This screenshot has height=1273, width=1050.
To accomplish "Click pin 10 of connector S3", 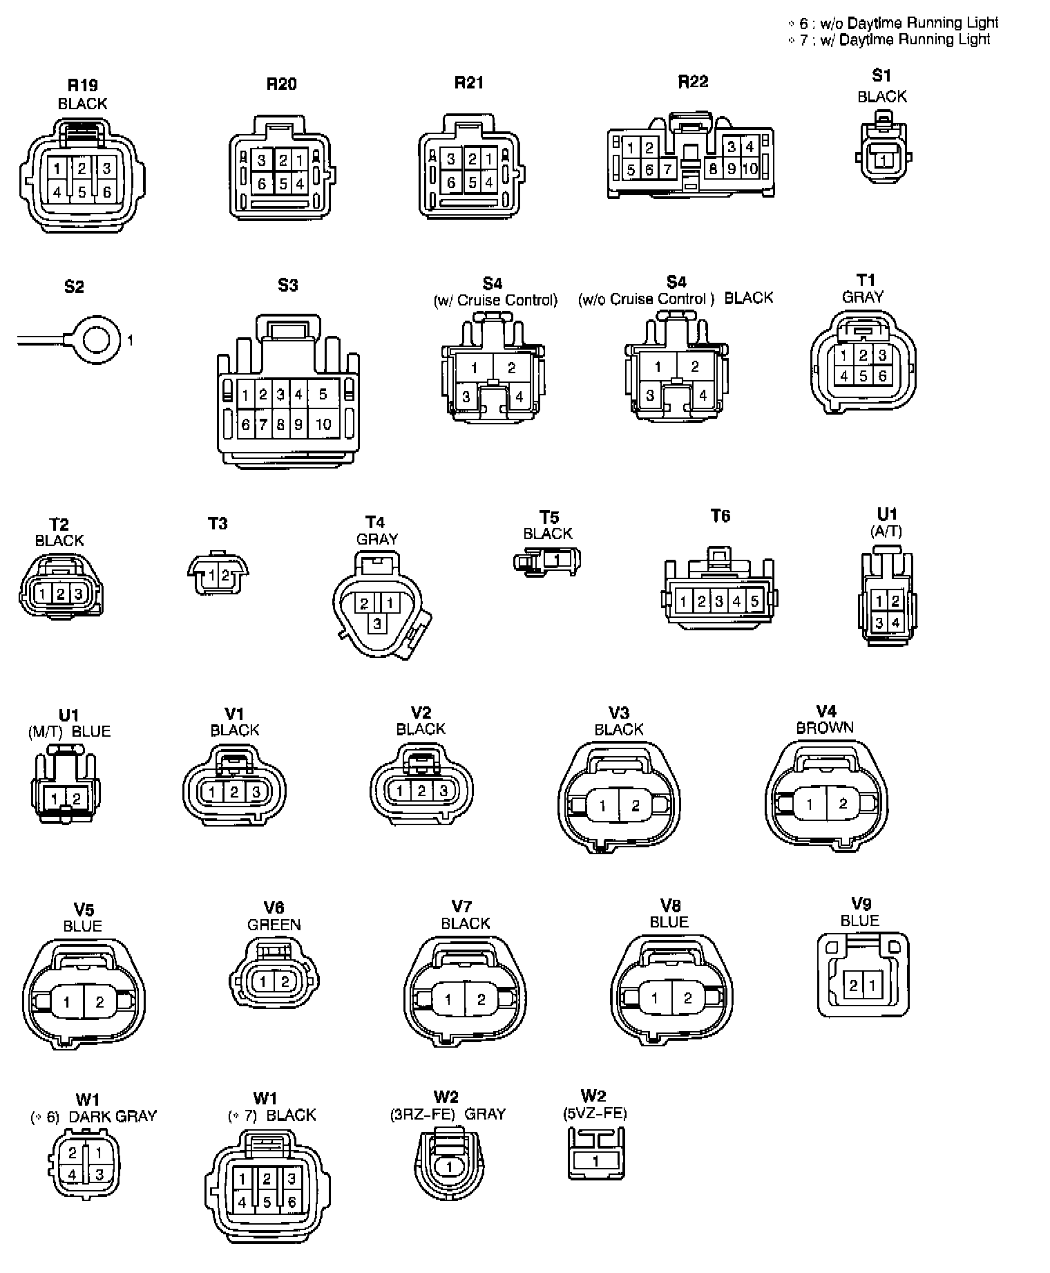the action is (323, 424).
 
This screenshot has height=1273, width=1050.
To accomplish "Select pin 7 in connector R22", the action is (667, 169).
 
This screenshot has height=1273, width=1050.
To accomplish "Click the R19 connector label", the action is (82, 86).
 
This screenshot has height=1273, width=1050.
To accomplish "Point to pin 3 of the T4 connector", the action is (377, 623).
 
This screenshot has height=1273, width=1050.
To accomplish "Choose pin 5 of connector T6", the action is (754, 601).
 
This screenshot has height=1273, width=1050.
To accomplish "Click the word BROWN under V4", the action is (825, 728).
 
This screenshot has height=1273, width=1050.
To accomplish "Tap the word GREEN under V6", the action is (274, 925).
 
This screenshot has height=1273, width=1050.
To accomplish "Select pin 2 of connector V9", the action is (854, 985).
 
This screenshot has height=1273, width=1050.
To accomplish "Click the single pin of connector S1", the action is (882, 160).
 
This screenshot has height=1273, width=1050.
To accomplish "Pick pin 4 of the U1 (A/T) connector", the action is (895, 623).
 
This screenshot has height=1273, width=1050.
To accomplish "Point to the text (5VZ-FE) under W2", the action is (595, 1113).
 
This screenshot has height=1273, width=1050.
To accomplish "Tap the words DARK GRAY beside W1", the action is (113, 1116).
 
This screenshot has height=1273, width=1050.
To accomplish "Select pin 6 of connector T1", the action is (882, 377).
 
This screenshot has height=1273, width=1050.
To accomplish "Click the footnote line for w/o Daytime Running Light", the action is (894, 23).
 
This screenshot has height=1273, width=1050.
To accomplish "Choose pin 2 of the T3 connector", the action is (225, 575).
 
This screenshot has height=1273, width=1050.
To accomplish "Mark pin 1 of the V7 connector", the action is (448, 999).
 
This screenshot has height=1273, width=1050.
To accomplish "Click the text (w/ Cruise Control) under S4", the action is (495, 301).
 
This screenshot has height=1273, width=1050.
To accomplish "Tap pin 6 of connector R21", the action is (451, 183).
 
